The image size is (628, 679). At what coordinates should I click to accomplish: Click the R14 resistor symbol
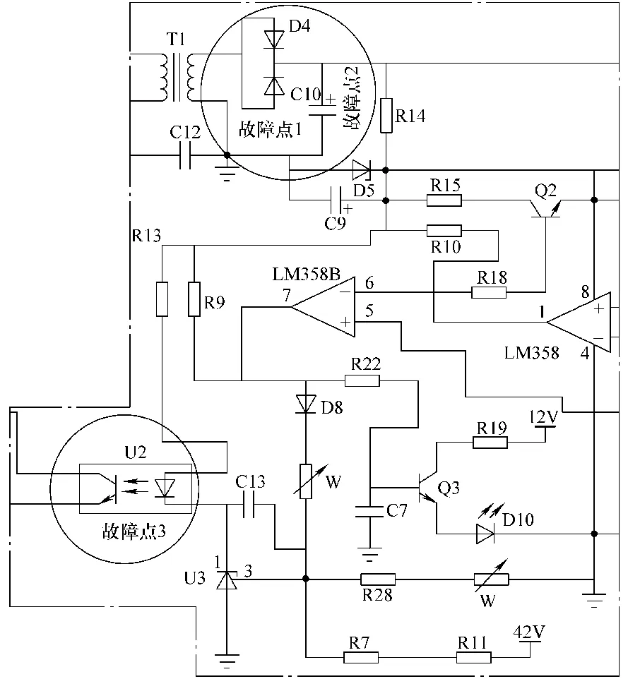click(x=386, y=116)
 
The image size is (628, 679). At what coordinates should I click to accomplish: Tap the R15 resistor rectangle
click(x=444, y=200)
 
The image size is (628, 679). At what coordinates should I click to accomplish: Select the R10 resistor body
click(x=444, y=231)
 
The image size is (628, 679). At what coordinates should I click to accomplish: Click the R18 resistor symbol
click(x=489, y=293)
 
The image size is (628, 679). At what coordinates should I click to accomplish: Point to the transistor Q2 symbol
click(x=545, y=209)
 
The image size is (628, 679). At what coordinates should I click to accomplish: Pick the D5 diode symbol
click(x=362, y=170)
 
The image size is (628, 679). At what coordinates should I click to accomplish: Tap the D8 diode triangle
click(x=306, y=404)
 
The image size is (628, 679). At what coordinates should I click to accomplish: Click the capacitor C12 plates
click(x=185, y=155)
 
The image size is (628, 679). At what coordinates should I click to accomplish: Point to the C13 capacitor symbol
click(x=249, y=505)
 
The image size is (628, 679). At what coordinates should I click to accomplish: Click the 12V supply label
click(x=544, y=416)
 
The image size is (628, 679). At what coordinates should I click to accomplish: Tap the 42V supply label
click(x=529, y=632)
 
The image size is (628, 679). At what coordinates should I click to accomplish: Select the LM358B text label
click(x=307, y=274)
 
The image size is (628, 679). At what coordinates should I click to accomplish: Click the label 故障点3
click(x=134, y=531)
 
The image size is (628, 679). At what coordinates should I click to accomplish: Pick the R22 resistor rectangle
click(x=362, y=380)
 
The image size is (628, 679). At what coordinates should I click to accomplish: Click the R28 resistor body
click(x=378, y=579)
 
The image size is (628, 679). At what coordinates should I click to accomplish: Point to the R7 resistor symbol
click(x=361, y=658)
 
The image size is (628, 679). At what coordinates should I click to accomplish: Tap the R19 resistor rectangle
click(x=490, y=442)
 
